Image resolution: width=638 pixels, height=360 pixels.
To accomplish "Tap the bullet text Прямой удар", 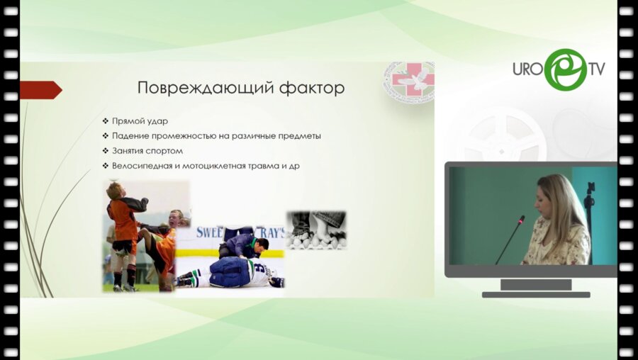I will pos(140,120).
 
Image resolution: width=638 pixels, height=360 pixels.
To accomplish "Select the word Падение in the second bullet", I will pos(130,135).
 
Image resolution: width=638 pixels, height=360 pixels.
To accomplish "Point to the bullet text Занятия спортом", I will pos(147,151).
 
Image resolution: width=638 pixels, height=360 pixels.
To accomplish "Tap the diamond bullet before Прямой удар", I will pos(105,120).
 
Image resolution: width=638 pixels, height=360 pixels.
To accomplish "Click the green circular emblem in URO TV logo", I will pos(565,69).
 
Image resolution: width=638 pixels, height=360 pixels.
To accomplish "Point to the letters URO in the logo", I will pos(529,70).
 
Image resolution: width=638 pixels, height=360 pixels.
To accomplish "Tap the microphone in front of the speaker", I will pos(511,238).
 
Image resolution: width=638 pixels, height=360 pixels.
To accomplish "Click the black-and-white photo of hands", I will pos(316,229).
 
